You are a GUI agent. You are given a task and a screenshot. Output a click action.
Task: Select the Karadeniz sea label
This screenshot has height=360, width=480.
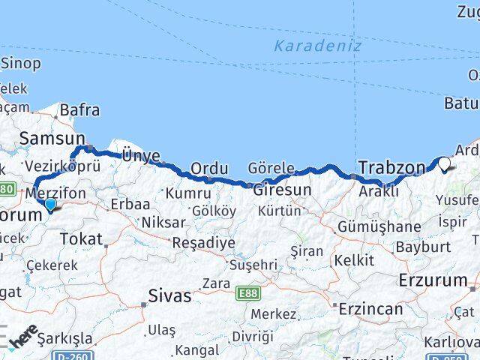pos(317,46)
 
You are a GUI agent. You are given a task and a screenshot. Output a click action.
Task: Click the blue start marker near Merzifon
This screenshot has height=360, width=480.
pos(49,204)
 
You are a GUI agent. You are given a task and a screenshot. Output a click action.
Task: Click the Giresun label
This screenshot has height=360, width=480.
pos(282,190)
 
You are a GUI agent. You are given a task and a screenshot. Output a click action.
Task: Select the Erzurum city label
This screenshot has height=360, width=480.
pos(433,280)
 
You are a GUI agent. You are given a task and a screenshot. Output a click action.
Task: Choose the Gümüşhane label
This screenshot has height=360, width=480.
pos(379,226)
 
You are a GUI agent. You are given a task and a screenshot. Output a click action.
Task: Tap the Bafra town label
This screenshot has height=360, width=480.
pos(79,109)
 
